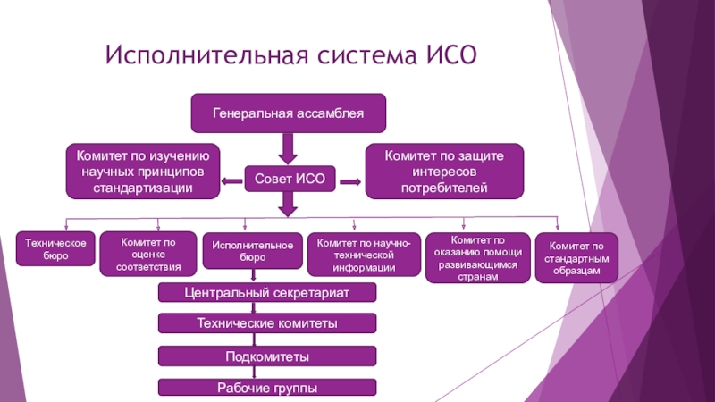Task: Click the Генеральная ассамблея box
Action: pos(288,113)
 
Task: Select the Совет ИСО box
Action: pos(290,179)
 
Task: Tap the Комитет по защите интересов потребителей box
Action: pos(444,172)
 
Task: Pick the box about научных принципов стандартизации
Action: pos(143,172)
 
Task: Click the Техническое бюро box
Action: pos(55,249)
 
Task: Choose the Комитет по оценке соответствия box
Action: pos(148,254)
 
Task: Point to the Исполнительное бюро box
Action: pos(253,251)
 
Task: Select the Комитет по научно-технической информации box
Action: pos(364,255)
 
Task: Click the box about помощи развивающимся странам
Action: pos(478,258)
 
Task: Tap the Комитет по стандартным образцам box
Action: pos(576,258)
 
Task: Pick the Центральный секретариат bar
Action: pos(267,293)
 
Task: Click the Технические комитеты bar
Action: pos(267,323)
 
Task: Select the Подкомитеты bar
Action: pos(267,356)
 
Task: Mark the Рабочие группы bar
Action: pos(267,388)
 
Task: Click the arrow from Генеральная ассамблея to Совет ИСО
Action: pos(288,148)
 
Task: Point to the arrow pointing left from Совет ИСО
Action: pos(231,181)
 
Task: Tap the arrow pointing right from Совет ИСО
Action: pos(350,182)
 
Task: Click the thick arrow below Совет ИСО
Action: pos(288,205)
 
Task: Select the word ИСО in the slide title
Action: pos(451,55)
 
